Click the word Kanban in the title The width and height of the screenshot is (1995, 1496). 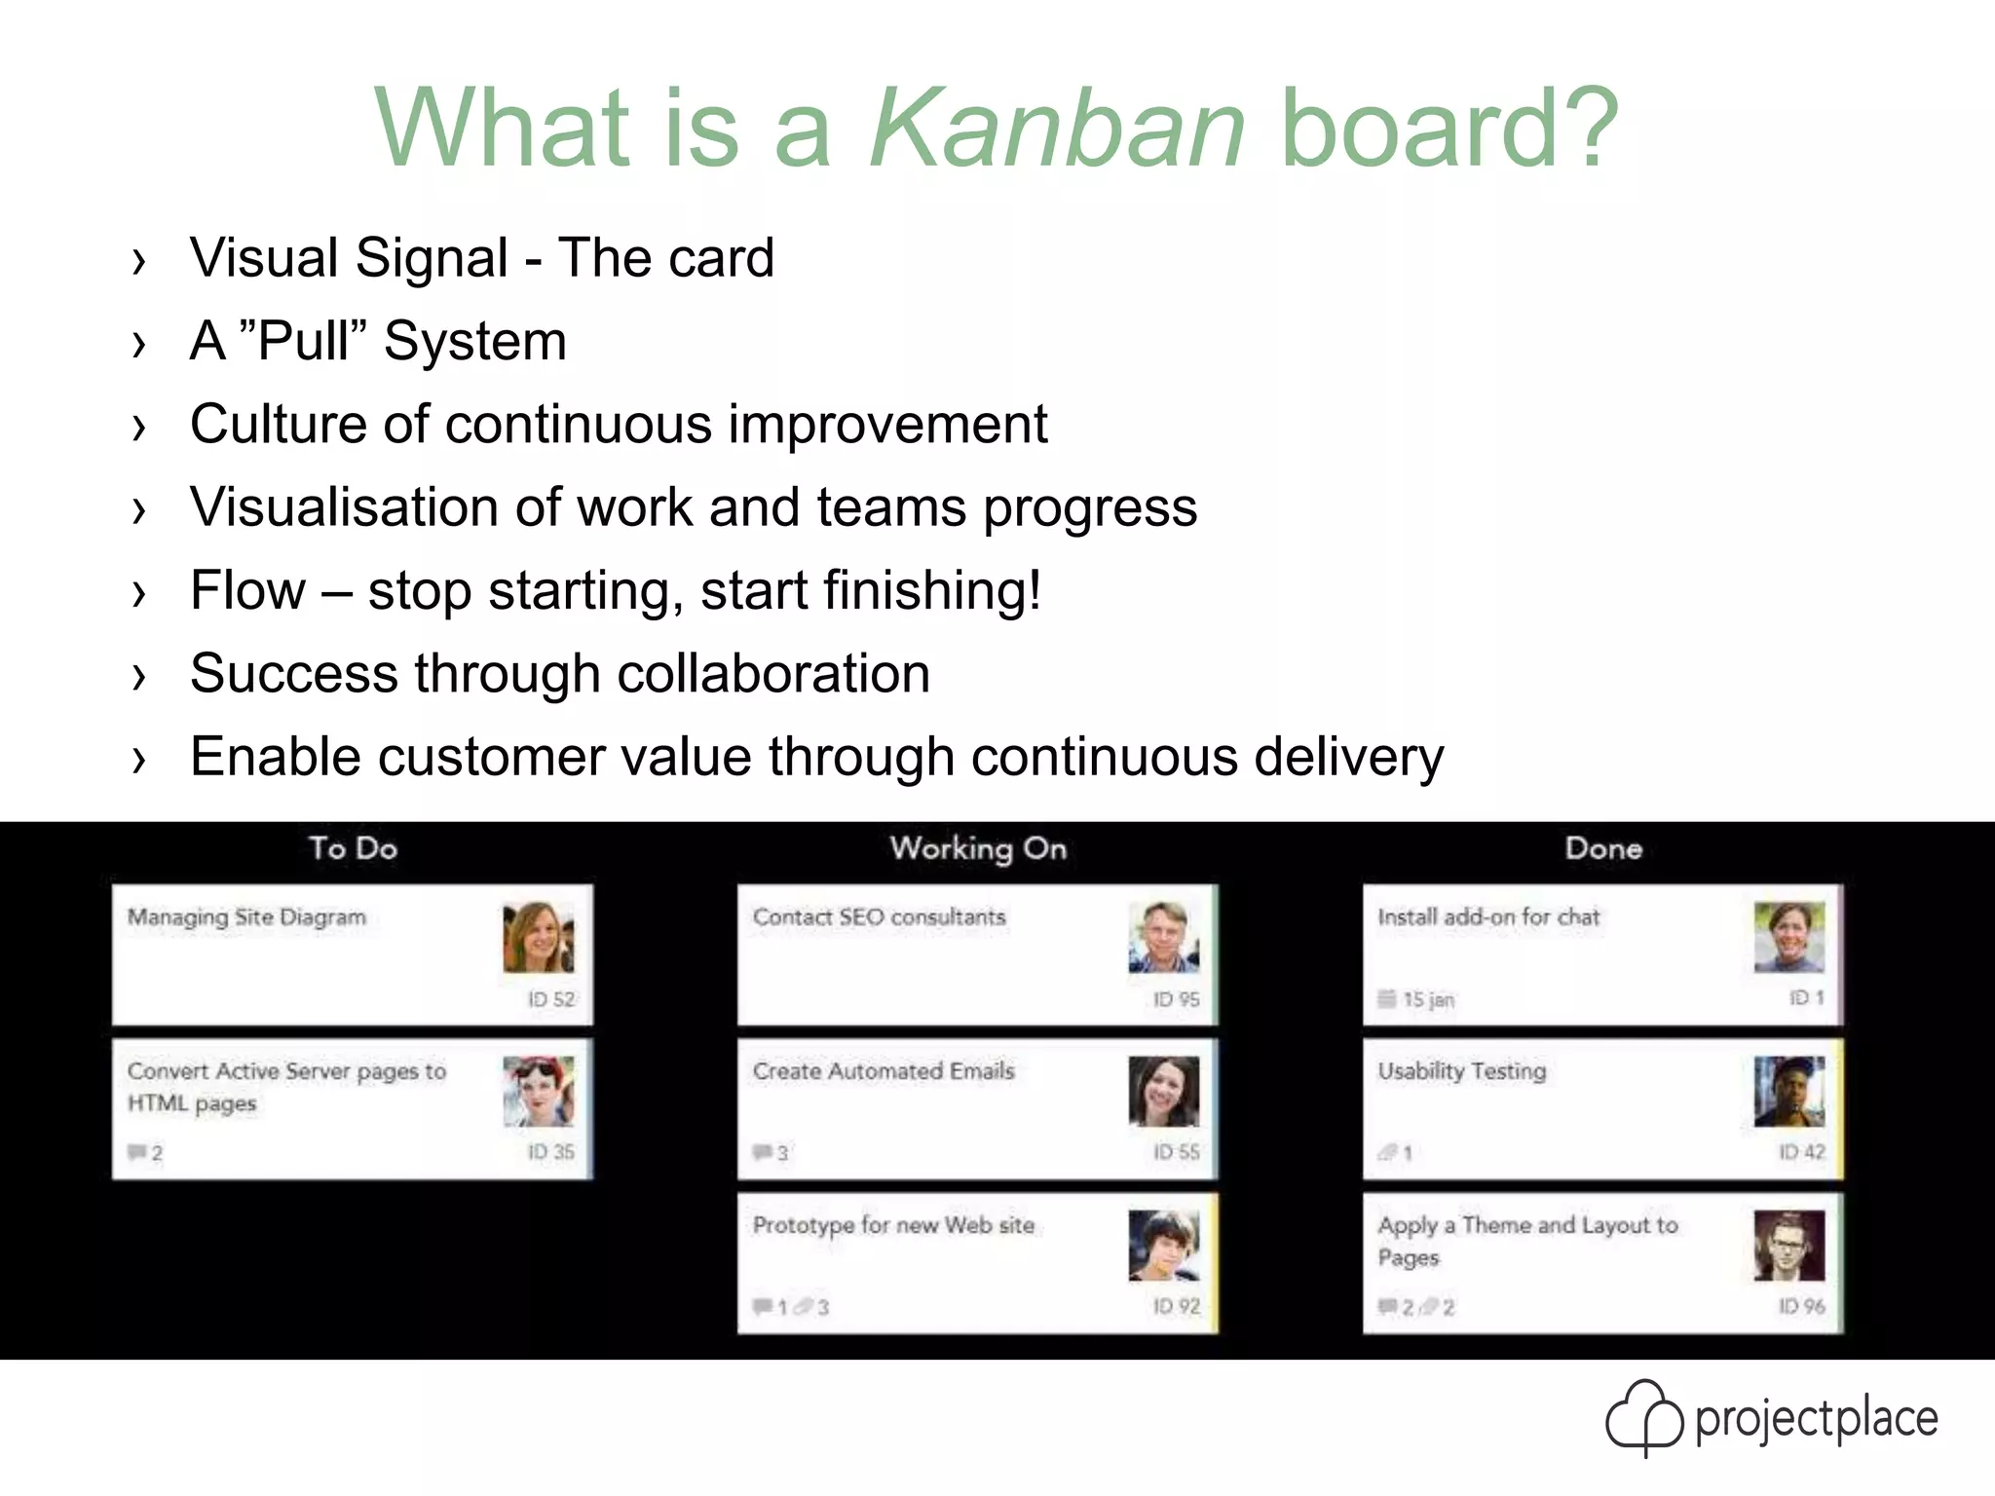[x=1057, y=129]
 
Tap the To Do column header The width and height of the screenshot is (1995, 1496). [x=353, y=848]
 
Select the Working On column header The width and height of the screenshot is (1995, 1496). [x=978, y=848]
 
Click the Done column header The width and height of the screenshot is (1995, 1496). [x=1603, y=848]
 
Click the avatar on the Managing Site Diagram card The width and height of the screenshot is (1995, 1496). [x=539, y=937]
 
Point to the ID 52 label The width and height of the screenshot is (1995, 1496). [x=551, y=999]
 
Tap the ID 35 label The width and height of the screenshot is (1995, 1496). [x=551, y=1152]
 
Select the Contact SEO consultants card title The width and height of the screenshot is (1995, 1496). [x=879, y=917]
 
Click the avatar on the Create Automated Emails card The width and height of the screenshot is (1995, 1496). [x=1164, y=1092]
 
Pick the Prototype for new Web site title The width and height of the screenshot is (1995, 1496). [x=893, y=1225]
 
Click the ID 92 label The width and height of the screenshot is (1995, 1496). [x=1177, y=1306]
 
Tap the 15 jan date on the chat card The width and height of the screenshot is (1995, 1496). [x=1428, y=999]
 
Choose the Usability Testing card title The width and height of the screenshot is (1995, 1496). [x=1461, y=1071]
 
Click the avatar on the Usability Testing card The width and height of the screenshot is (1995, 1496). [x=1789, y=1092]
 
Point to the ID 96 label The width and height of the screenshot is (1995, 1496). [x=1802, y=1306]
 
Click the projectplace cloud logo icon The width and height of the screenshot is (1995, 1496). [x=1644, y=1417]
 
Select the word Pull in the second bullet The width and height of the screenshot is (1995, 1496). [x=304, y=342]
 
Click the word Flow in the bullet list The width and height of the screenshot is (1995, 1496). [x=248, y=591]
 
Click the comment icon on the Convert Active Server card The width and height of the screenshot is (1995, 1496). [x=136, y=1152]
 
